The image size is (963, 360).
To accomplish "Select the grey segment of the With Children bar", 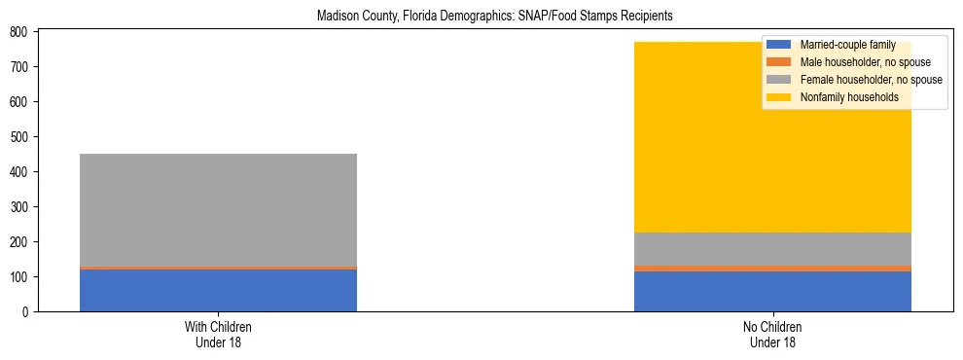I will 218,209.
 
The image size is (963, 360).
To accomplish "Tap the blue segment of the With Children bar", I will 218,290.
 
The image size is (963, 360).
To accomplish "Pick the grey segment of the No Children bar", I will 772,248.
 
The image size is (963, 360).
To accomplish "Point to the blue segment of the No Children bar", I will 772,292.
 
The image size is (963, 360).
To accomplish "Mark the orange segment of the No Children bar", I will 772,268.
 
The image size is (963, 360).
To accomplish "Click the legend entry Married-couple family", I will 847,45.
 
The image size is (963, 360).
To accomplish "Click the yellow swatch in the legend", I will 779,97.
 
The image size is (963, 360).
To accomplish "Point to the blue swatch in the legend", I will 779,45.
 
